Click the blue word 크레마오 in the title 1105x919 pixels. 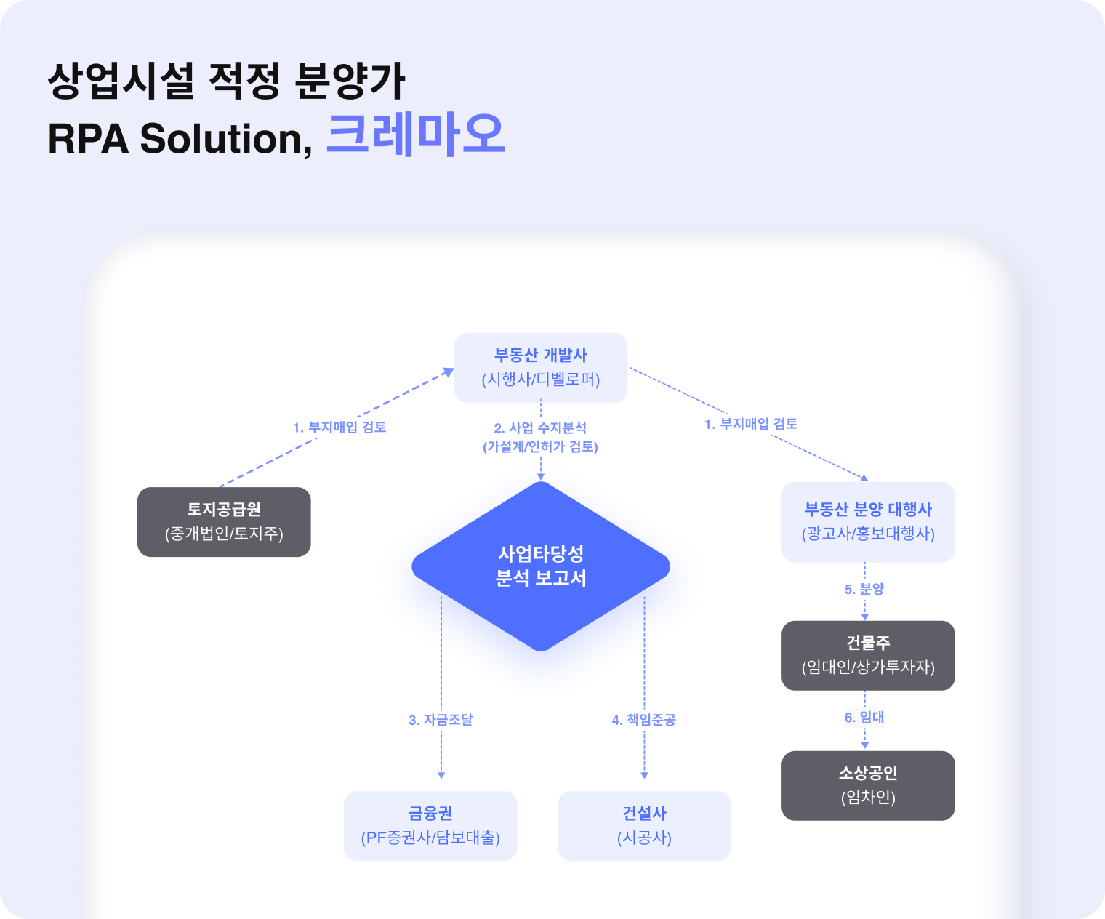pyautogui.click(x=416, y=135)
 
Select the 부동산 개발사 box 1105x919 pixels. pyautogui.click(x=540, y=367)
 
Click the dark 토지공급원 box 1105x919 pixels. pyautogui.click(x=224, y=522)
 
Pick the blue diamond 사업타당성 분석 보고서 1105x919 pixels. pyautogui.click(x=540, y=566)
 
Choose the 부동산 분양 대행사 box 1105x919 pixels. pyautogui.click(x=868, y=522)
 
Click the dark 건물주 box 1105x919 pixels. pyautogui.click(x=868, y=655)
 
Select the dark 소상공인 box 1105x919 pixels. pyautogui.click(x=868, y=786)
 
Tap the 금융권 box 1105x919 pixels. pyautogui.click(x=430, y=826)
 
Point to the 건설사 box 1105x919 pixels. pyautogui.click(x=644, y=826)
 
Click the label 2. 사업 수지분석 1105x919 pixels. pyautogui.click(x=540, y=428)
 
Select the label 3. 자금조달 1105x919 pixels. pyautogui.click(x=441, y=720)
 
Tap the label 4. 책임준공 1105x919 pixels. pyautogui.click(x=644, y=720)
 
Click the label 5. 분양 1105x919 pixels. pyautogui.click(x=865, y=589)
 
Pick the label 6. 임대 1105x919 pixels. pyautogui.click(x=865, y=718)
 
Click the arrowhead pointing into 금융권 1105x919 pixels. pyautogui.click(x=441, y=776)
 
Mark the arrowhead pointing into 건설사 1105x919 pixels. pyautogui.click(x=644, y=776)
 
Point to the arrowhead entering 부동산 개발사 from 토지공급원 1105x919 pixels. pyautogui.click(x=449, y=372)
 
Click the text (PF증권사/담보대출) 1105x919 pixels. pyautogui.click(x=430, y=838)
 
